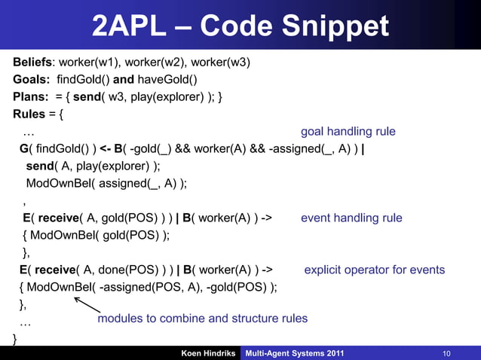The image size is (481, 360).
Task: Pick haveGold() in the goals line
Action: [x=170, y=80]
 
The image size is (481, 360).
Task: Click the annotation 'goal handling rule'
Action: [x=348, y=132]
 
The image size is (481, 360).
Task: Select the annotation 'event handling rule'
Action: [x=351, y=218]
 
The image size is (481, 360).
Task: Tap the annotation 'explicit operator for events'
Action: [x=374, y=270]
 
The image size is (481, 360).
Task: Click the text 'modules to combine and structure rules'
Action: [x=202, y=319]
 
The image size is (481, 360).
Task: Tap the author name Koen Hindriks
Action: [x=207, y=353]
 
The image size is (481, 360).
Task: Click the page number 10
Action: [x=446, y=353]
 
